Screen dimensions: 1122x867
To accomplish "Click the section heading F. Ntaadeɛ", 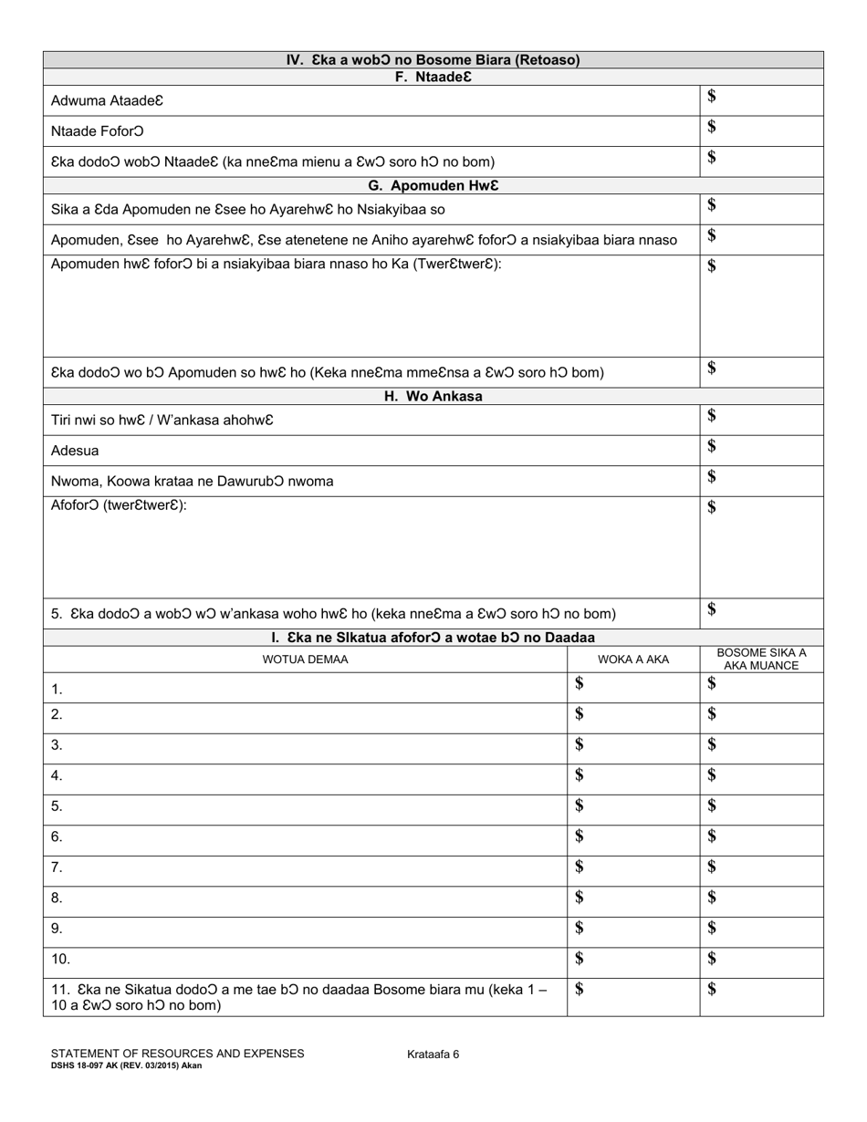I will click(433, 78).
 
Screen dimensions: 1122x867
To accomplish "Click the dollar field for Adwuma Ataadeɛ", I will click(761, 100).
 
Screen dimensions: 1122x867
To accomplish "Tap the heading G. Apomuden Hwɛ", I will click(433, 186).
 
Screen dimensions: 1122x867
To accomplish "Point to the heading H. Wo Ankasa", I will click(433, 397).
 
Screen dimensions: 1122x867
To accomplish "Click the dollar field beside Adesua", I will click(761, 451).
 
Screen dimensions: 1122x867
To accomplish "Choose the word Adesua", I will click(76, 451).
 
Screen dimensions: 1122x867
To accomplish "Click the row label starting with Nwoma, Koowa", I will click(193, 482).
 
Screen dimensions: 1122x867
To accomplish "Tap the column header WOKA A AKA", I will click(633, 660).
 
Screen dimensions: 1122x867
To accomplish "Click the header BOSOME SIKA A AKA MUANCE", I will click(761, 660).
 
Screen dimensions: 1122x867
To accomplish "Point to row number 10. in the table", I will click(61, 960).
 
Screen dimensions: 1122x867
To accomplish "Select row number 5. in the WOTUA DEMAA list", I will click(57, 806).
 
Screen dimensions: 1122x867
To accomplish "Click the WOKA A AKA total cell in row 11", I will click(633, 997).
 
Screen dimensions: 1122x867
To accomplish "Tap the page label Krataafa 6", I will click(433, 1054).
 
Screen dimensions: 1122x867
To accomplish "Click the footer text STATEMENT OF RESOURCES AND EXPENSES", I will click(178, 1054).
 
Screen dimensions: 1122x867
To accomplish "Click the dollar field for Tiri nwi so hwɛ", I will click(761, 420).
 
